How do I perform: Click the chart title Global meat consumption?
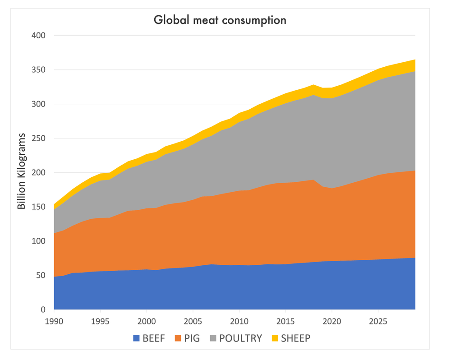coord(220,20)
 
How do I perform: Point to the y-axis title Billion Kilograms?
coord(22,172)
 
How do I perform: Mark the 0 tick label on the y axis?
coord(43,310)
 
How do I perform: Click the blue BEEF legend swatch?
coord(137,338)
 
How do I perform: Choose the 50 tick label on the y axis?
coord(40,275)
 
